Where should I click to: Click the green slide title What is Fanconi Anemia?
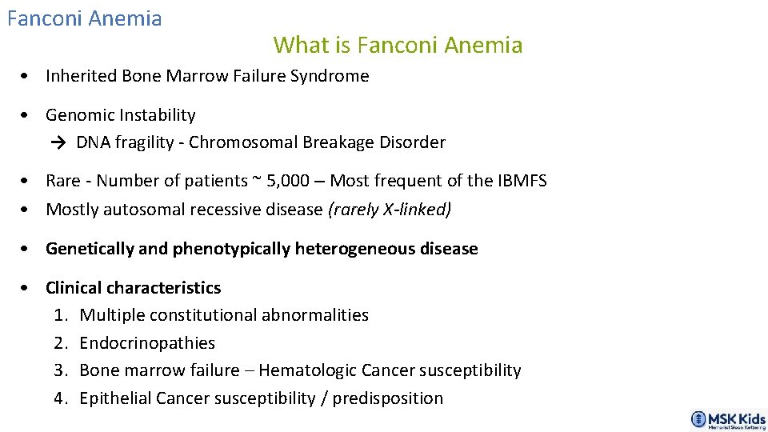[398, 45]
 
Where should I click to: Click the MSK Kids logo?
[727, 419]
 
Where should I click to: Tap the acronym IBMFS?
[519, 181]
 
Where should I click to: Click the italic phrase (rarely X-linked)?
[390, 210]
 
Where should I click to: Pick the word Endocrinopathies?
[148, 343]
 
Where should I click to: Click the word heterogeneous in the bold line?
[351, 249]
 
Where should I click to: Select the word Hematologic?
[307, 370]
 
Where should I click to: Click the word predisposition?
[388, 398]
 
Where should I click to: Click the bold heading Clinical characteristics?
[134, 288]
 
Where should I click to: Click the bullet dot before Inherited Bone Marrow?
[27, 77]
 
